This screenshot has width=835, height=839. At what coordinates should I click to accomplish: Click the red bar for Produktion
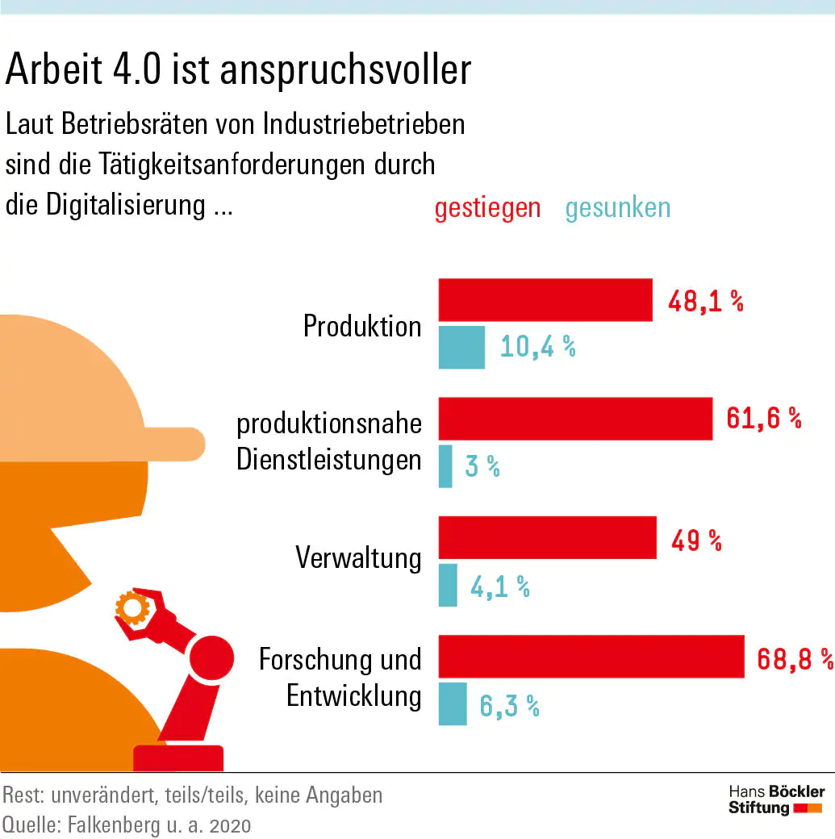pos(545,300)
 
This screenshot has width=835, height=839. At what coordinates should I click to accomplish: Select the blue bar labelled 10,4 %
pos(461,347)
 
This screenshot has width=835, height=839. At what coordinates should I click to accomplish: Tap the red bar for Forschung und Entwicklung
pos(591,656)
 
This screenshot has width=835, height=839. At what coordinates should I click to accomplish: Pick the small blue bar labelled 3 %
pos(445,466)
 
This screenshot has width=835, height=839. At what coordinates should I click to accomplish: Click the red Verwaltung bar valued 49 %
pos(547,538)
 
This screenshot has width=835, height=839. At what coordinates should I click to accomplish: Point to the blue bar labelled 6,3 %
pos(453,703)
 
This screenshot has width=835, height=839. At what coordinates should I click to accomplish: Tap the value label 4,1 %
pos(499,586)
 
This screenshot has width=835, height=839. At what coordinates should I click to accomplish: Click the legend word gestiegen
pos(487,208)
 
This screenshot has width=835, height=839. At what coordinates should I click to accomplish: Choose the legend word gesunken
pos(617,208)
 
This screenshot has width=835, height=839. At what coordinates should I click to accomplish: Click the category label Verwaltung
pos(358,557)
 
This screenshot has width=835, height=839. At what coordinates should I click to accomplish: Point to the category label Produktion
pos(362,326)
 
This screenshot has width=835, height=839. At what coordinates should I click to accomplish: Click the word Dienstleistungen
pos(329,460)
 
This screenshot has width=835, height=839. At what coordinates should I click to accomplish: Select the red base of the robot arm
pos(177,758)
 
